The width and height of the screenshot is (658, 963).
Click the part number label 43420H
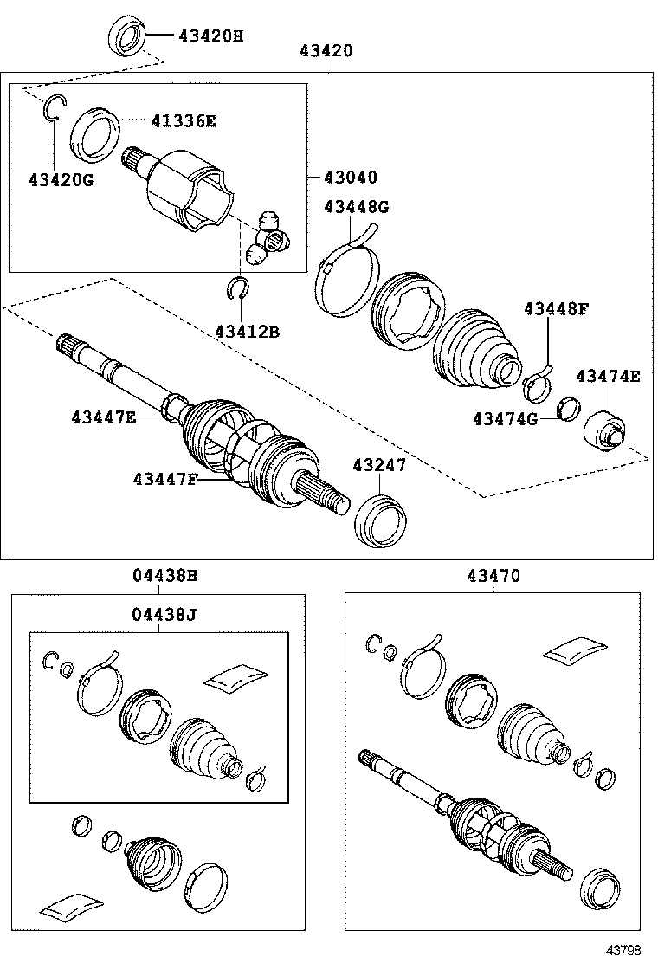(x=210, y=36)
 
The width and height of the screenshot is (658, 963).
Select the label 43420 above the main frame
(x=326, y=51)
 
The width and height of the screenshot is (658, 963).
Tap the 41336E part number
(x=183, y=121)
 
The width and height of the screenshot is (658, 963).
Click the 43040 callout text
(x=351, y=178)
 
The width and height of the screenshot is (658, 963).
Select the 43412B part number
(x=248, y=331)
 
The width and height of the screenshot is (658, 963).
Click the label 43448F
(x=555, y=309)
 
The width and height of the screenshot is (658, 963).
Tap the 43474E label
(x=609, y=376)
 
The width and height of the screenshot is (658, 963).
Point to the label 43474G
(x=505, y=419)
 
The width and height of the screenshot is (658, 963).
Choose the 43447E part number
(x=104, y=417)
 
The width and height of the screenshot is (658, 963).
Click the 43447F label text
(x=165, y=478)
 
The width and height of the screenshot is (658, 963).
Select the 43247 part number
(x=378, y=465)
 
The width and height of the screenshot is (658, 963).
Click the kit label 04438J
(x=164, y=615)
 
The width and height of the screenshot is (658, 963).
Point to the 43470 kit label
(x=493, y=575)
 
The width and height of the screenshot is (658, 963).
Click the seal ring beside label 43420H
(x=126, y=36)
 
